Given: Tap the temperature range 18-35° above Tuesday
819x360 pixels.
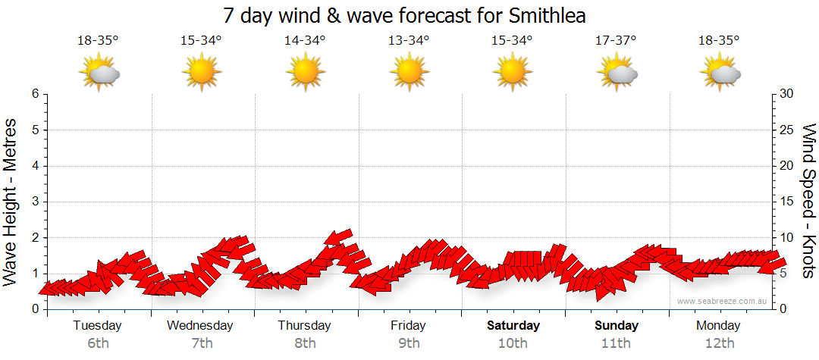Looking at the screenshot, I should point(98,41).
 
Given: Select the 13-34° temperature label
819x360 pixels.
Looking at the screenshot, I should point(409,41).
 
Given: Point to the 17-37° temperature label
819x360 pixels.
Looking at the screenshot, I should point(616,41).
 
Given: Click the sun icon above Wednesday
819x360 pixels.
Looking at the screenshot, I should point(202,72).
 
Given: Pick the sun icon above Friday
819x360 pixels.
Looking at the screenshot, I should point(409,72).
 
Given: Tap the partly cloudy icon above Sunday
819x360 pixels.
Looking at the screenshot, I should point(617,73).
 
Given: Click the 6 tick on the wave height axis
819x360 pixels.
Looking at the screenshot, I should point(35,94).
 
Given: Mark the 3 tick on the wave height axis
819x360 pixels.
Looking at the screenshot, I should point(35,202).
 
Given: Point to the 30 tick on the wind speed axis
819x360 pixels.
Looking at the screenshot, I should point(786,94).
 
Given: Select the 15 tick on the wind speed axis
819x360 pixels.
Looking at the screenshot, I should point(786,202).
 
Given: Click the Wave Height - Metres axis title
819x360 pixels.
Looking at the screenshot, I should point(11,202).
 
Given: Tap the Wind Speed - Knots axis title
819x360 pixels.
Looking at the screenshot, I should point(808,202).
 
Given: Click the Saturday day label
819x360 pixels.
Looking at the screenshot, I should point(513,326).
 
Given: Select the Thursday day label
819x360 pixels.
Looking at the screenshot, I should point(305,326).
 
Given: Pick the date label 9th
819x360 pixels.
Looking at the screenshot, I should point(409,343).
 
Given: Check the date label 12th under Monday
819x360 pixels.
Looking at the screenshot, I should point(720,343).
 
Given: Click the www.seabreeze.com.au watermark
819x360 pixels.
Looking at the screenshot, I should point(723,301).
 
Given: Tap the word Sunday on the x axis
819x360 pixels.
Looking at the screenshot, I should point(616,326).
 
